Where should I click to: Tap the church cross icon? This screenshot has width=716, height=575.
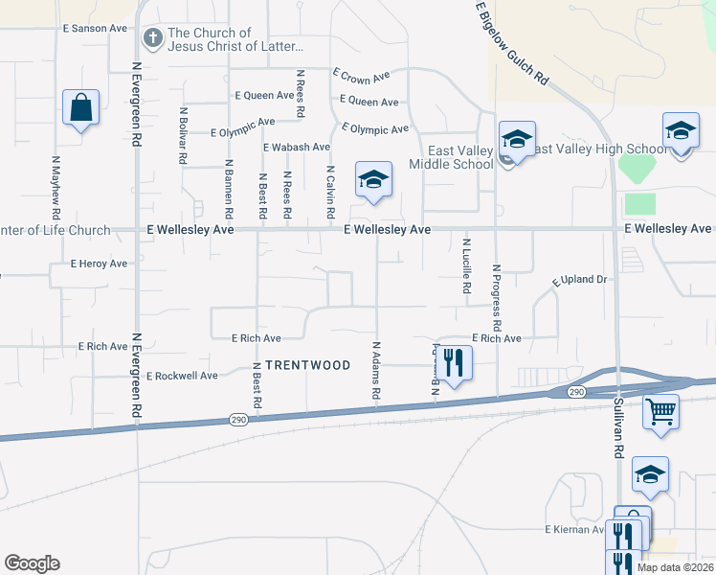pos(152,38)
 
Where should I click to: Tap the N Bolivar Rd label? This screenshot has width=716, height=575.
pos(182,136)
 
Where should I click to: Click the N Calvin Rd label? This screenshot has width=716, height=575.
pos(330,188)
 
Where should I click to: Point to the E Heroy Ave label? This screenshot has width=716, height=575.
pos(99,264)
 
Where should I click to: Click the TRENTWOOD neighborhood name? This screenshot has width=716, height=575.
pos(309,365)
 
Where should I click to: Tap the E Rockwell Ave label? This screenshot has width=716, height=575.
pos(187,376)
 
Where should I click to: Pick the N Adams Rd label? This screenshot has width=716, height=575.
pos(377,372)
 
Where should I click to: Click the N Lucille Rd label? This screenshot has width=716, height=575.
pos(467,265)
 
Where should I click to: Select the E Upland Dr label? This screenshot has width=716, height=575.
pos(581,280)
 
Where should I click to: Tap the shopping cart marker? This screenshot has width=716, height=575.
pos(660,412)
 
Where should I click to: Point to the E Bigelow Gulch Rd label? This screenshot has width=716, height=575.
pos(513,43)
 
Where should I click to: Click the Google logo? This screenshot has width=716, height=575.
pos(32,563)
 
